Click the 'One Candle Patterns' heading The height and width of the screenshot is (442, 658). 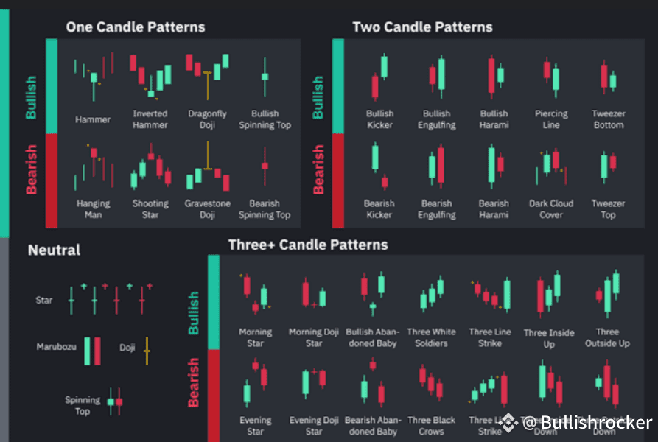click(x=136, y=27)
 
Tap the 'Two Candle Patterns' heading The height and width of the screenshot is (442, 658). click(x=422, y=27)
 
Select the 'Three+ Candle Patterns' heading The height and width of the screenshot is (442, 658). click(x=308, y=245)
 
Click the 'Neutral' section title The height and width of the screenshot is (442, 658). click(x=54, y=250)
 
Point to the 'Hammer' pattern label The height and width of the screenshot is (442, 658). click(x=93, y=119)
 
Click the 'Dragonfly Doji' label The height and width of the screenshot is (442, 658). click(x=207, y=119)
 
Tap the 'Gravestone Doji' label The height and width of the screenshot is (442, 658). click(x=207, y=209)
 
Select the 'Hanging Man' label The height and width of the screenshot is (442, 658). click(x=93, y=209)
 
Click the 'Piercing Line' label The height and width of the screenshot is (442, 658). click(x=551, y=119)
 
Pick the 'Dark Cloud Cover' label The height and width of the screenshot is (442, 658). click(x=551, y=209)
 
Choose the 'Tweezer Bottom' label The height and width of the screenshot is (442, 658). click(x=608, y=119)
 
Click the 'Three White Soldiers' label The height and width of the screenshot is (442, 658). click(x=431, y=337)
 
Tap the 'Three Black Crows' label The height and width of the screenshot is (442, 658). click(x=431, y=426)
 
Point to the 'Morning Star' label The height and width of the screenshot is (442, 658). click(x=255, y=337)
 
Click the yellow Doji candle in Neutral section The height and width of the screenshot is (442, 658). click(x=147, y=351)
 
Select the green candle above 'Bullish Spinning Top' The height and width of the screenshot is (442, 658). click(x=265, y=76)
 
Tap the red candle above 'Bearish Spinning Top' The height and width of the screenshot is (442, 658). click(x=265, y=165)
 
